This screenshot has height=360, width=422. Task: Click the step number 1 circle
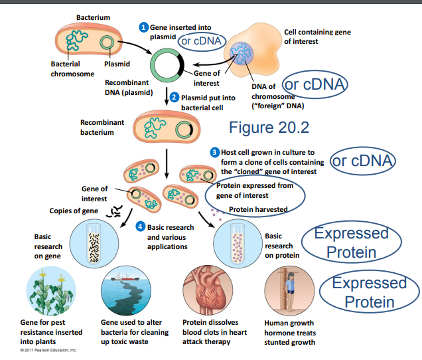click(x=142, y=27)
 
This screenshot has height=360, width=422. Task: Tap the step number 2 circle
click(x=174, y=97)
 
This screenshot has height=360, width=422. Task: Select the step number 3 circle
click(x=214, y=153)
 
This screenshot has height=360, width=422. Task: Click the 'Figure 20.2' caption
click(x=269, y=127)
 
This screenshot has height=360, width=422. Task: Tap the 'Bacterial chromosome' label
click(x=73, y=69)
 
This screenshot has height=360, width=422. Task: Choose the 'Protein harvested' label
click(x=258, y=209)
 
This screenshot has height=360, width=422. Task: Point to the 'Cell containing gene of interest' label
click(x=317, y=37)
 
